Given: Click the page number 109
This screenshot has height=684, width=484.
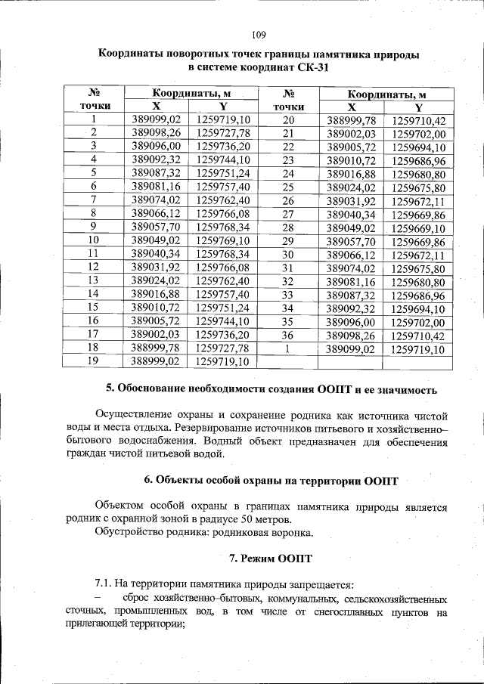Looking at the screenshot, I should point(257,34).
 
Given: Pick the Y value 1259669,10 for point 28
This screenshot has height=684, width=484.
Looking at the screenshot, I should point(418,227).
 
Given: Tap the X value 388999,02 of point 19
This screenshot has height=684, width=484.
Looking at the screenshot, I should point(157,361).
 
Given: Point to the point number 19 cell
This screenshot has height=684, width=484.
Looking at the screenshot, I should point(95,361).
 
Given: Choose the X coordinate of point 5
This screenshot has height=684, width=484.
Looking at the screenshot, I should point(157,173).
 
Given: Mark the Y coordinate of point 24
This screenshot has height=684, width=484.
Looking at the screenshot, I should point(418,174).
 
